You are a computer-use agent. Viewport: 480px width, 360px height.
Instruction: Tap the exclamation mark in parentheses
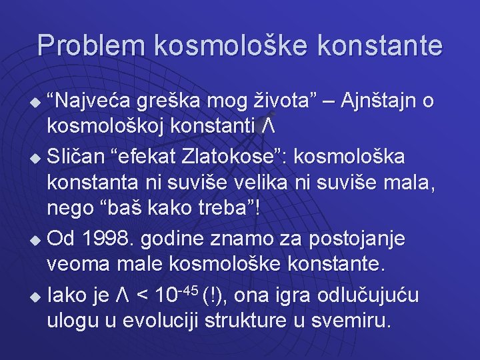(x=213, y=294)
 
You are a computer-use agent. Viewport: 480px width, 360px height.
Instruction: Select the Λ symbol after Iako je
(x=119, y=294)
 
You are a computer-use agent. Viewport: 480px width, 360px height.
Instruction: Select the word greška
(x=171, y=102)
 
